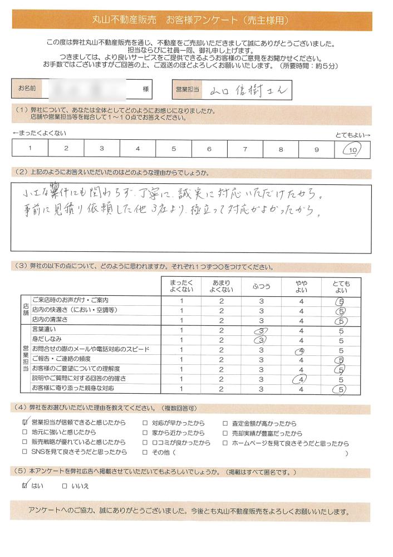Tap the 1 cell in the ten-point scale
pos(30,149)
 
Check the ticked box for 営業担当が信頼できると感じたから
pos(25,423)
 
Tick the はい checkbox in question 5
pos(25,486)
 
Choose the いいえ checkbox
pos(65,486)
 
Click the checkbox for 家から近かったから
pos(145,433)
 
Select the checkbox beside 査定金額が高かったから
pos(225,423)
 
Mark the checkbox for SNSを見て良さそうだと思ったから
pos(25,452)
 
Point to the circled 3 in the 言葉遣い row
pos(261,330)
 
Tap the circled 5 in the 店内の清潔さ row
pos(341,321)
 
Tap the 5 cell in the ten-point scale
pos(174,149)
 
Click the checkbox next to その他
pos(145,452)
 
